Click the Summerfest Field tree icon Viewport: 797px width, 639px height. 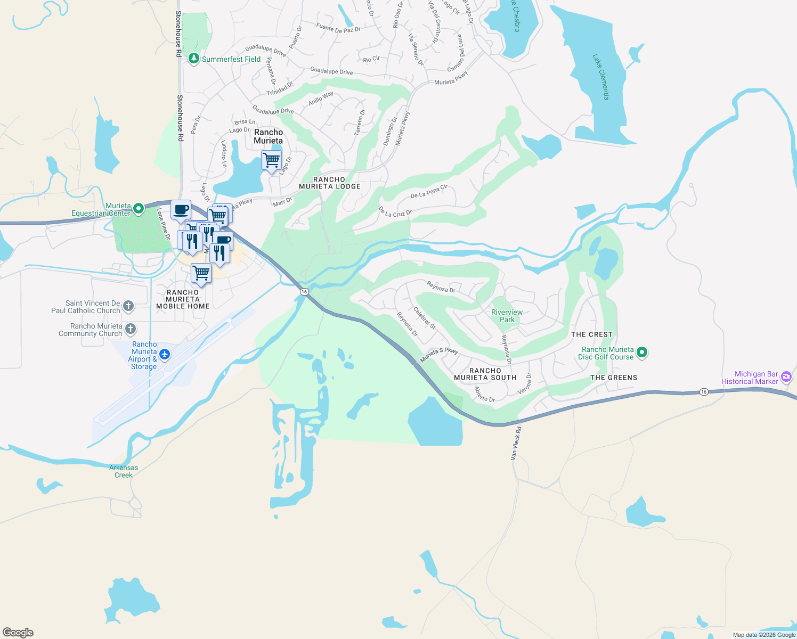(194, 59)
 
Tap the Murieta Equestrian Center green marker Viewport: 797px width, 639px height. (139, 209)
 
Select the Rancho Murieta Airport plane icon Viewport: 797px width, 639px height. (165, 354)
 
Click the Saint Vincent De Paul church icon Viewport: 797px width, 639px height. (128, 306)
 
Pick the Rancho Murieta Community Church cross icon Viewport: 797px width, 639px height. (130, 329)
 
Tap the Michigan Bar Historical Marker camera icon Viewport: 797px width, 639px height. (786, 378)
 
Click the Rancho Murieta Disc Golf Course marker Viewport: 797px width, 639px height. (642, 353)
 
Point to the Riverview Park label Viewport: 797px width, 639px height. (507, 316)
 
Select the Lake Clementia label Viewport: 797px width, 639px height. (601, 77)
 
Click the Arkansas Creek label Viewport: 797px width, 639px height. (124, 471)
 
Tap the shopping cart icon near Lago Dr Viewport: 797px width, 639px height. (272, 160)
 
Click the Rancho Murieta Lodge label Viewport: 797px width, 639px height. (330, 183)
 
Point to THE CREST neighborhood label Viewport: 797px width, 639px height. (591, 334)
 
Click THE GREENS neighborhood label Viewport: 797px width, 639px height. (613, 378)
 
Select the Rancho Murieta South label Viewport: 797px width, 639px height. (485, 374)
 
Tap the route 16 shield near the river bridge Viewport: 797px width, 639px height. (304, 292)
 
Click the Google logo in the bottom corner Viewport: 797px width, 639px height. (18, 632)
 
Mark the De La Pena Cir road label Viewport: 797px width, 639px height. (429, 192)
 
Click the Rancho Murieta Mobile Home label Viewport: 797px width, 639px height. (183, 299)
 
